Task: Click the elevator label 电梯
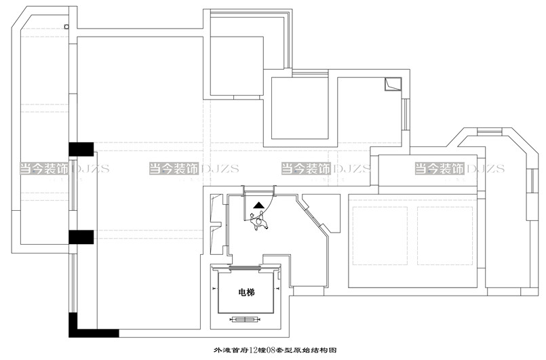(x=246, y=293)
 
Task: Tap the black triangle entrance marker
(x=259, y=203)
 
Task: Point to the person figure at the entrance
(x=258, y=220)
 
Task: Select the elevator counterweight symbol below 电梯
(x=245, y=319)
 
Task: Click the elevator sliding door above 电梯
(x=246, y=268)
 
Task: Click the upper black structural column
(x=81, y=148)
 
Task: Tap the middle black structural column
(x=81, y=237)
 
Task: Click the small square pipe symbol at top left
(x=66, y=26)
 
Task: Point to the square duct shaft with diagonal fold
(x=392, y=84)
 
